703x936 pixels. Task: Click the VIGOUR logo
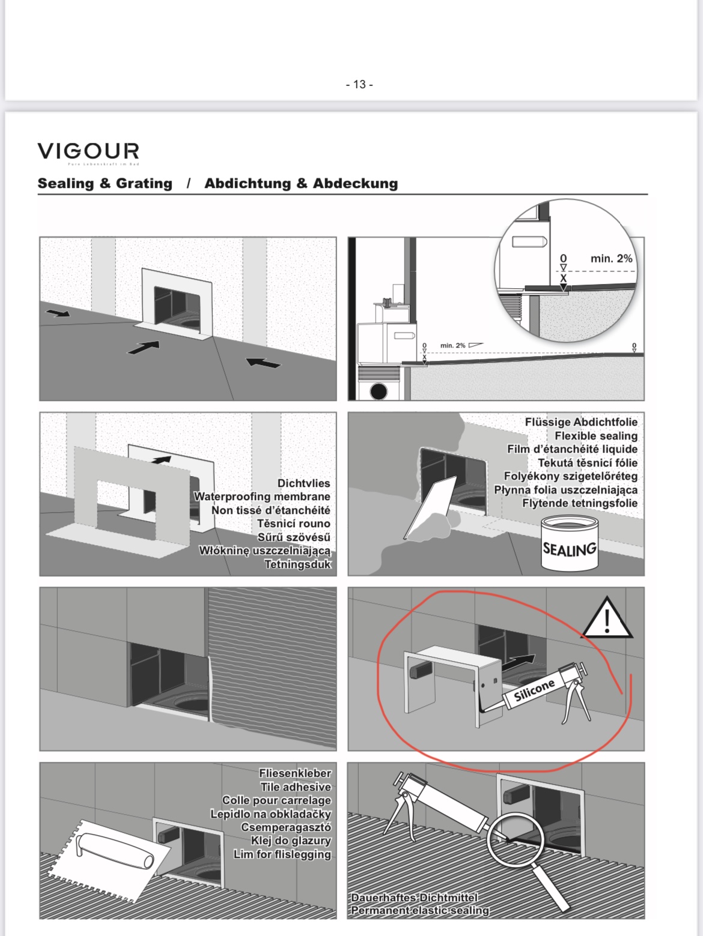(88, 151)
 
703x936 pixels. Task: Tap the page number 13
(359, 85)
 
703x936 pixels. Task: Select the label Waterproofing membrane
(261, 497)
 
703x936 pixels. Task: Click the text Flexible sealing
(595, 436)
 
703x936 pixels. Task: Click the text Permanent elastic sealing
(420, 910)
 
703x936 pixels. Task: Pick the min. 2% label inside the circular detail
(611, 259)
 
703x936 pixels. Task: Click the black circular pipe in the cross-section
(379, 391)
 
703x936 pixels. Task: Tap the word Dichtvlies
(303, 483)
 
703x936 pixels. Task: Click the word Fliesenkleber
(294, 773)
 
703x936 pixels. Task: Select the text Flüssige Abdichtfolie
(580, 422)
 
